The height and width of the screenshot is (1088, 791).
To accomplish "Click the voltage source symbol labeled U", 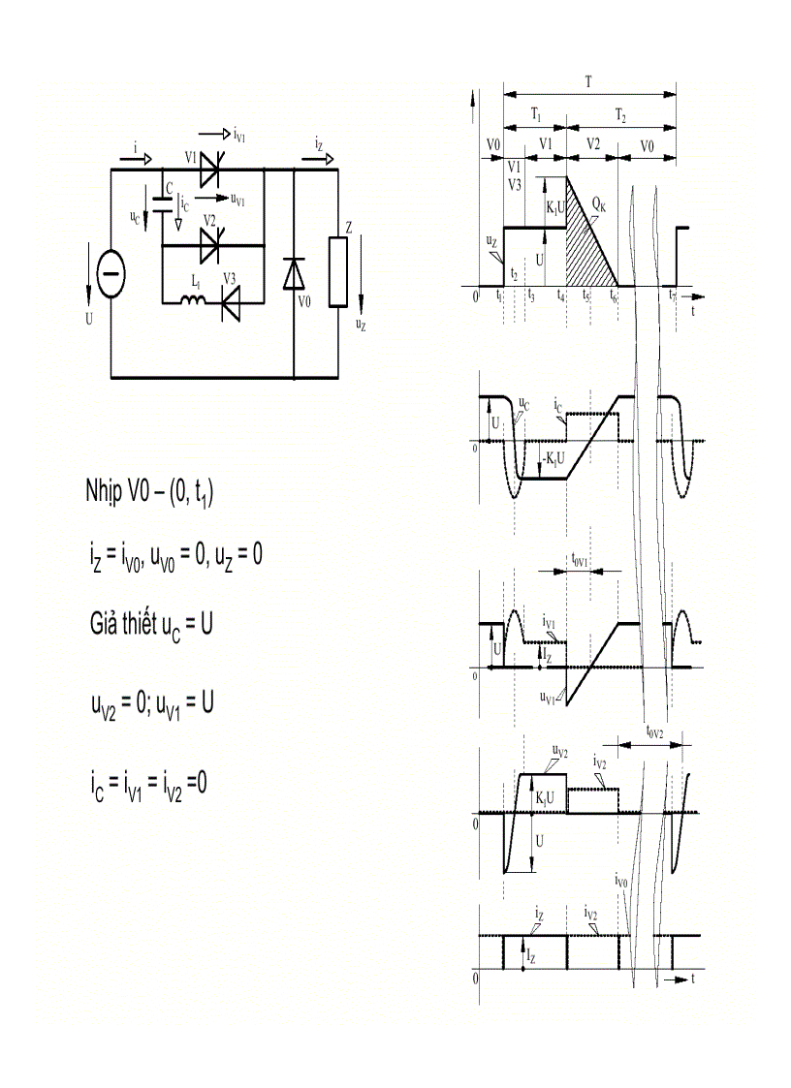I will tap(111, 274).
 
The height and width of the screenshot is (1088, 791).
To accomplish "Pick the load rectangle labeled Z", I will tap(337, 272).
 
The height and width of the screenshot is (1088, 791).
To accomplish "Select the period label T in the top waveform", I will tap(588, 82).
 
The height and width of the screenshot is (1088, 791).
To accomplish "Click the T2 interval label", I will tap(620, 114).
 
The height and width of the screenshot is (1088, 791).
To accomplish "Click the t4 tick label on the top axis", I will tap(561, 296).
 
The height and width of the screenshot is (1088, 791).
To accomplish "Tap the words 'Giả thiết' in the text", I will tap(122, 623).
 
